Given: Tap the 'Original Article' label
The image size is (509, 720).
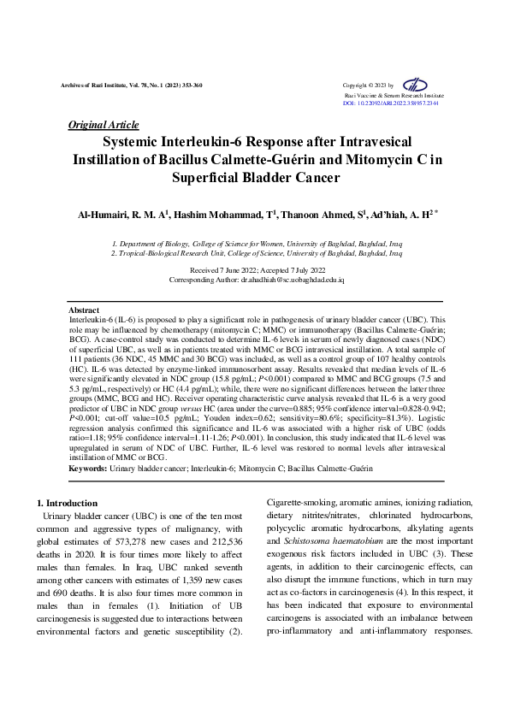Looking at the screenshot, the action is click(x=103, y=125).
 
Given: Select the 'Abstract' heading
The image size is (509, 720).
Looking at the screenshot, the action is click(x=84, y=309).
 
